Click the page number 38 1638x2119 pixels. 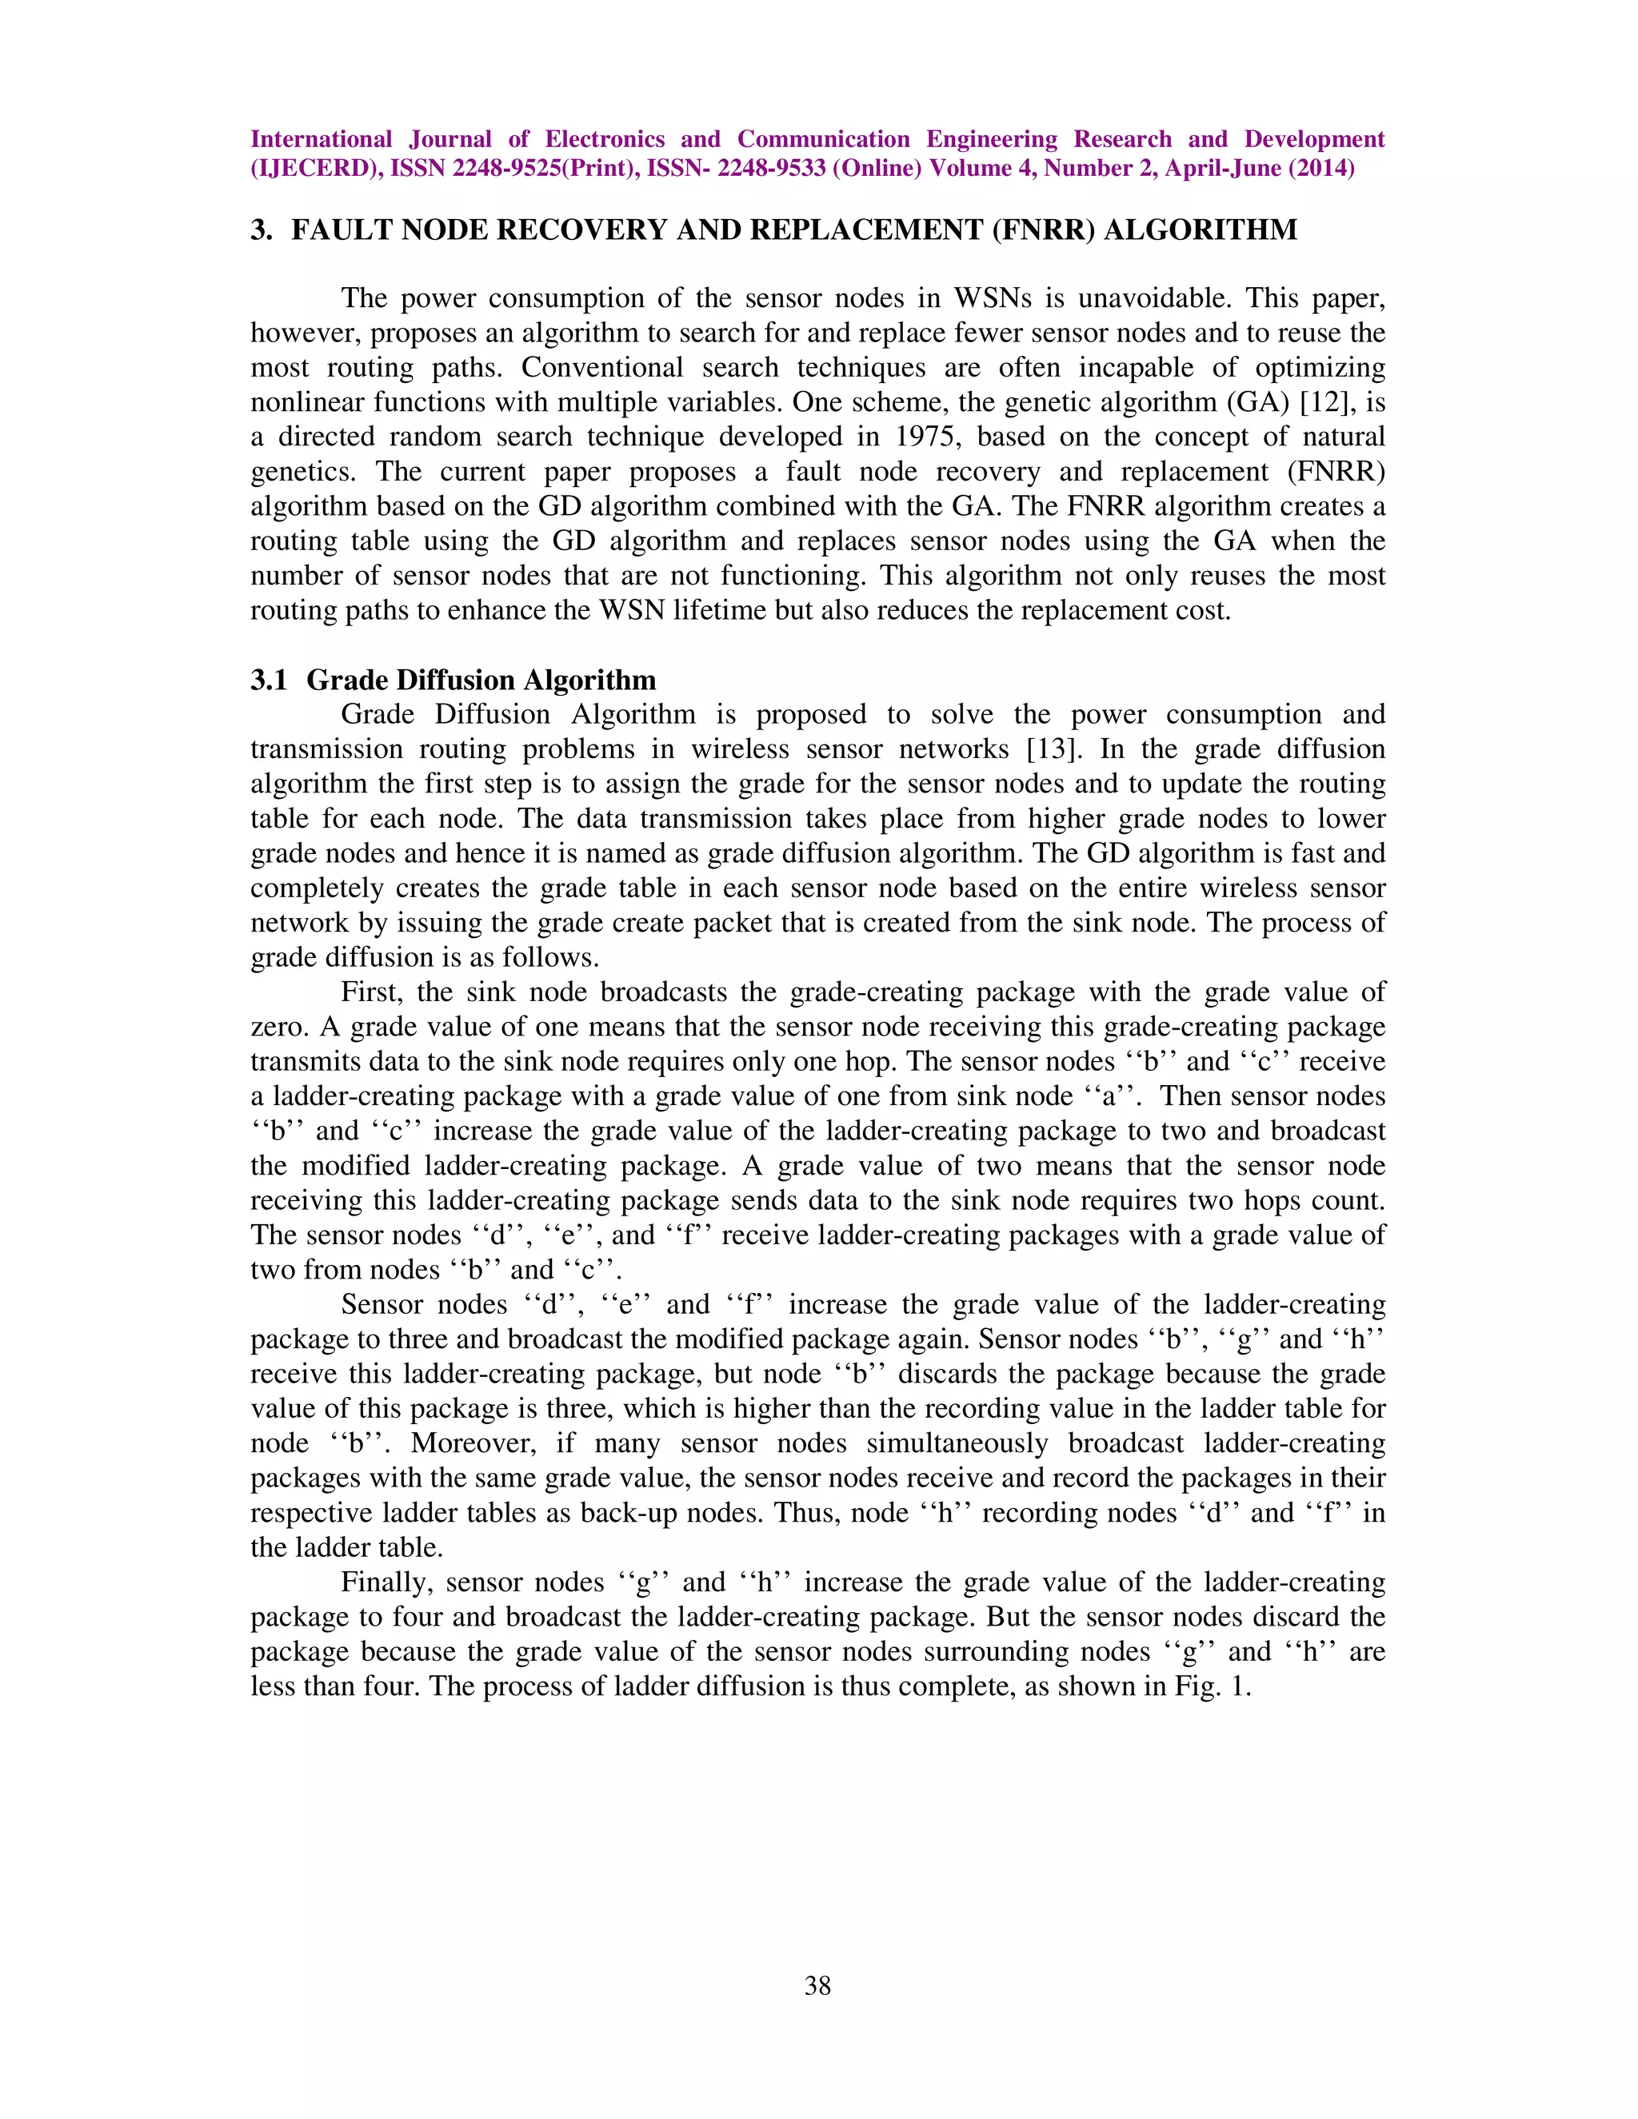tap(817, 1985)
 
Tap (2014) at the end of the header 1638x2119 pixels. tap(1320, 168)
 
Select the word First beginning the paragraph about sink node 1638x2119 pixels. tap(369, 992)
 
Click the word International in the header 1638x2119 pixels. tap(322, 139)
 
